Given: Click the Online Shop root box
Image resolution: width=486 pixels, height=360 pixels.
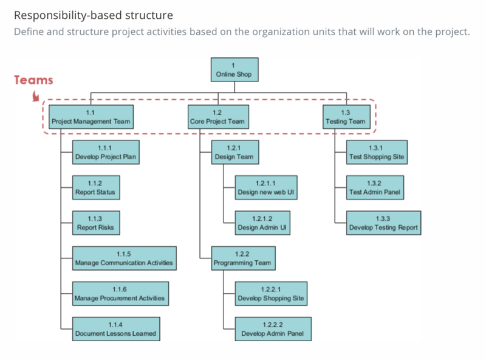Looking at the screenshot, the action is (234, 70).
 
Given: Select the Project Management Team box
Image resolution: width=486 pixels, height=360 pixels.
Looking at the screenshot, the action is (91, 117).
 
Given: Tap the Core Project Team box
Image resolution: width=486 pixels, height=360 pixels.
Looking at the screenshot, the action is (218, 117).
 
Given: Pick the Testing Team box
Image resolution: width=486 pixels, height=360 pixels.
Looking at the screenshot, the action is (346, 117).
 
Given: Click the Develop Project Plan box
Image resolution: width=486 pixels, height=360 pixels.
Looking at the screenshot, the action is (106, 153).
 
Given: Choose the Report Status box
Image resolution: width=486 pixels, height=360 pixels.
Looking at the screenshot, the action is (96, 188).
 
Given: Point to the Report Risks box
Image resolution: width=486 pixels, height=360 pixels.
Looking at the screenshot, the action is (96, 223).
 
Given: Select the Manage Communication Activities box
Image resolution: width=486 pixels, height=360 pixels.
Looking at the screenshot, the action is (125, 258).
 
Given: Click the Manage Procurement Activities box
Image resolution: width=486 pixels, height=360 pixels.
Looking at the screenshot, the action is (120, 294).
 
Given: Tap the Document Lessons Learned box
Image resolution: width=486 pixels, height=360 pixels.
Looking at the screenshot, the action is (116, 329).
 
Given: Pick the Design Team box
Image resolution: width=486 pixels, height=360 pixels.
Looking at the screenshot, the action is (235, 153).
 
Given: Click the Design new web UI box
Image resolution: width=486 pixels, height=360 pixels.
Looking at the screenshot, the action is (266, 188).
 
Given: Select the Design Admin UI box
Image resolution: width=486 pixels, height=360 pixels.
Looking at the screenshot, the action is (262, 223).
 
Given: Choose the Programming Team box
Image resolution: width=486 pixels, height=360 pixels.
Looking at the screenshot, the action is (244, 258).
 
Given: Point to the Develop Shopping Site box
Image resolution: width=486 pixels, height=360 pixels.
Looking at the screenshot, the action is (271, 294).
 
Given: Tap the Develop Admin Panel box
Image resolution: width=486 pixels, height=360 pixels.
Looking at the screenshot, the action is (273, 329).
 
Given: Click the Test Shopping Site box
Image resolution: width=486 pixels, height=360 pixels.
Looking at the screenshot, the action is (377, 153).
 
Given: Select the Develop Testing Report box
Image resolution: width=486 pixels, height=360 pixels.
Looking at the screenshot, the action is (384, 223).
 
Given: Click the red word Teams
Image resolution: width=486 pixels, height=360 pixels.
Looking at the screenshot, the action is (33, 80).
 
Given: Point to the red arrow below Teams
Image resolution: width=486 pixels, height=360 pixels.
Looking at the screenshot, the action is (36, 96).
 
